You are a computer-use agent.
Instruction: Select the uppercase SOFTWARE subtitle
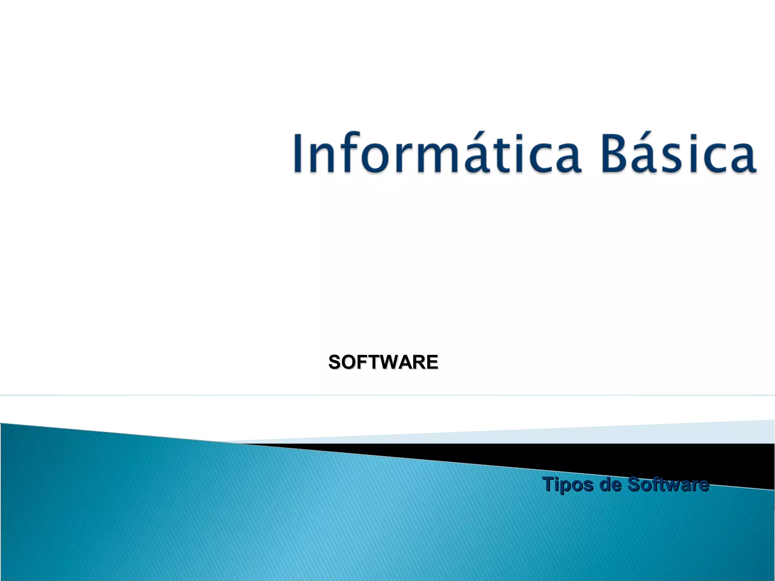[383, 362]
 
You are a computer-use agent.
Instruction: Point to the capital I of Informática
[299, 153]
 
